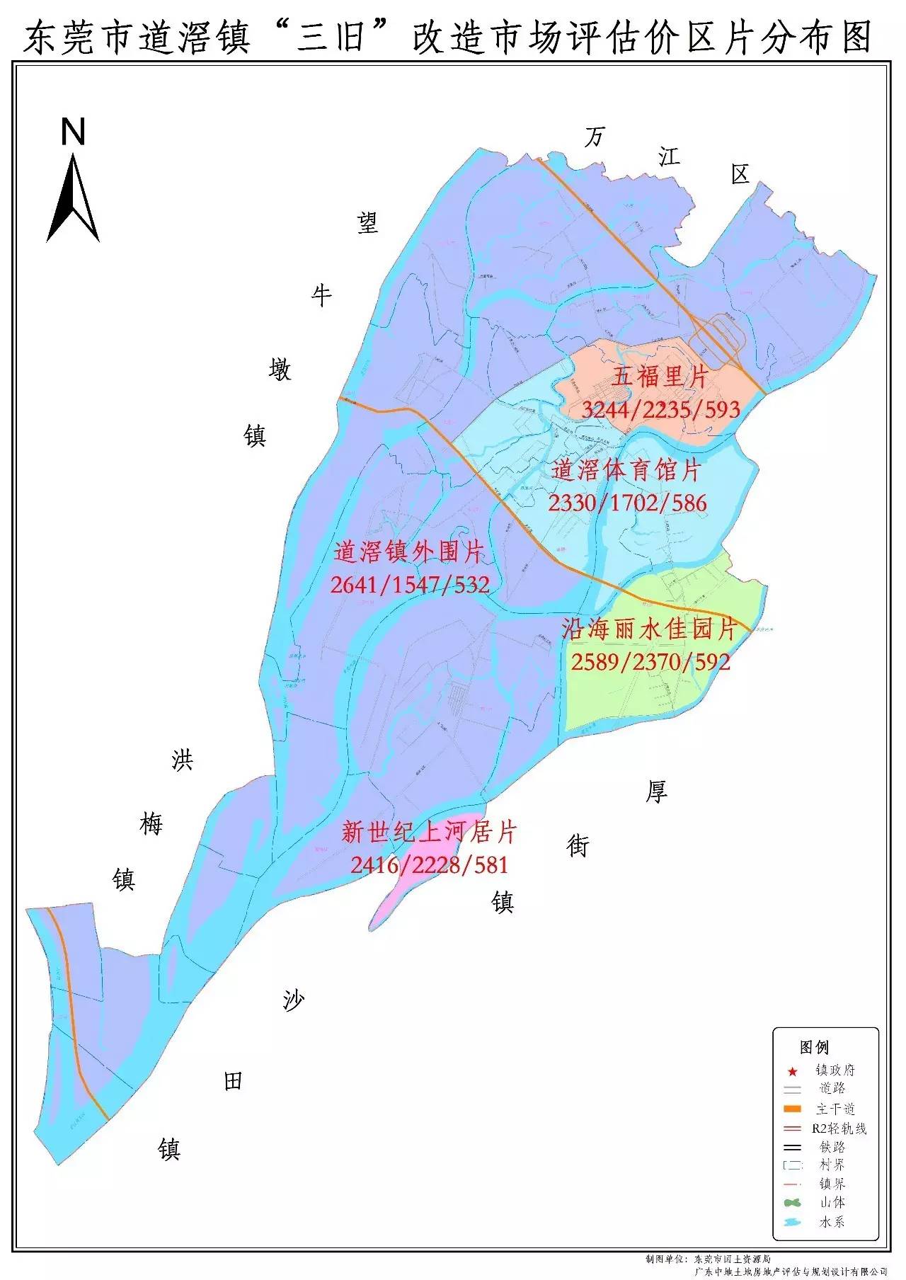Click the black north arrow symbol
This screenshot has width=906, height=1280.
(x=73, y=198)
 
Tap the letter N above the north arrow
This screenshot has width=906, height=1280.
(x=73, y=132)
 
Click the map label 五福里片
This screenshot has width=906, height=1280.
(x=660, y=377)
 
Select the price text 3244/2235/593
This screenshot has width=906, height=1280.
(x=660, y=409)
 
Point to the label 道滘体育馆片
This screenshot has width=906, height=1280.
(x=626, y=470)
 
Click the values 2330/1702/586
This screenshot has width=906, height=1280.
(x=627, y=503)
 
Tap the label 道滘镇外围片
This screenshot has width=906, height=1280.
(x=409, y=552)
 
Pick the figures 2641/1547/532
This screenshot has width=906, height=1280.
(x=410, y=585)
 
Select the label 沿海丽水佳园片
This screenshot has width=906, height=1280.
(x=649, y=629)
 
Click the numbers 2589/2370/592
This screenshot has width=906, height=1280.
(x=650, y=662)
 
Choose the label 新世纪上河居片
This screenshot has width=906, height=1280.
(x=429, y=832)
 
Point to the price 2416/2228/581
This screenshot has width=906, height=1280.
(x=429, y=864)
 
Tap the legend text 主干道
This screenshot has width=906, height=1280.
(x=835, y=1109)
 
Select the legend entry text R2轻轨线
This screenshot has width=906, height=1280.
(x=839, y=1128)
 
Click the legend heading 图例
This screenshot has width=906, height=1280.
(x=814, y=1048)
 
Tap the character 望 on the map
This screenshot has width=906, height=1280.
(x=367, y=224)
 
